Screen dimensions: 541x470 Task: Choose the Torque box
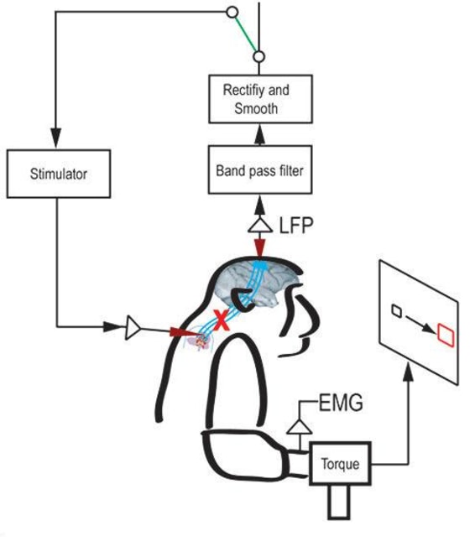point(340,462)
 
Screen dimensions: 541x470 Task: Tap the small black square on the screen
point(396,314)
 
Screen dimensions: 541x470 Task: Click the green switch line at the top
point(247,34)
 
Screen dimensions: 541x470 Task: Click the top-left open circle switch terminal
point(232,13)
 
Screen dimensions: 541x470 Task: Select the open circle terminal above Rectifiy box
point(259,57)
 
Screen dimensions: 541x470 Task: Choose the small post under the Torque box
point(338,504)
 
